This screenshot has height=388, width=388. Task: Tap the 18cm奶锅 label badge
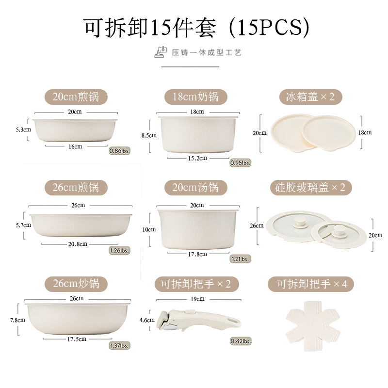195,97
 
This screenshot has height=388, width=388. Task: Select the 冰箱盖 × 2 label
314,97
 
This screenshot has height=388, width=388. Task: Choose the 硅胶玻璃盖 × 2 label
314,188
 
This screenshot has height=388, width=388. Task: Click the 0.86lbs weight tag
120,151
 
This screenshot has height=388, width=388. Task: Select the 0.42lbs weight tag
240,341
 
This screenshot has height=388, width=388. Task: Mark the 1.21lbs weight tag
240,259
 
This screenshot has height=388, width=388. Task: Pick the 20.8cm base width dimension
78,244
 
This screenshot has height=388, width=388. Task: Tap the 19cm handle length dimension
197,299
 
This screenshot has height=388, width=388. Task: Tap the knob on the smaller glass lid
339,227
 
